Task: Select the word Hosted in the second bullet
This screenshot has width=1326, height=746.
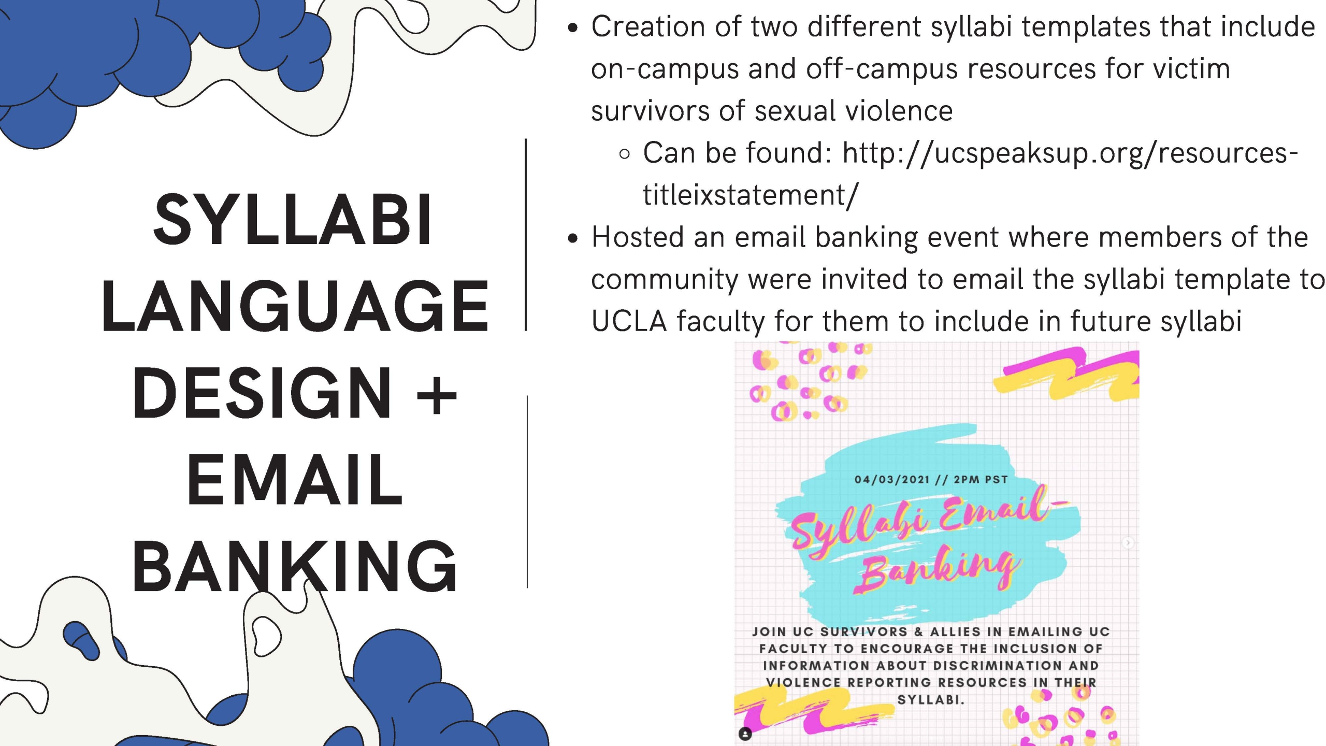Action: (x=638, y=237)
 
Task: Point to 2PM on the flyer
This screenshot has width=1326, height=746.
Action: (x=966, y=479)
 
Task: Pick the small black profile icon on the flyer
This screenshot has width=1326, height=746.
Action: (x=745, y=734)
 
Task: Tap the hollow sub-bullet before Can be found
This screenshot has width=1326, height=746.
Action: (x=625, y=154)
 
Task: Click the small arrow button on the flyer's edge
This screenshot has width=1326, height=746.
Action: (x=1128, y=543)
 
